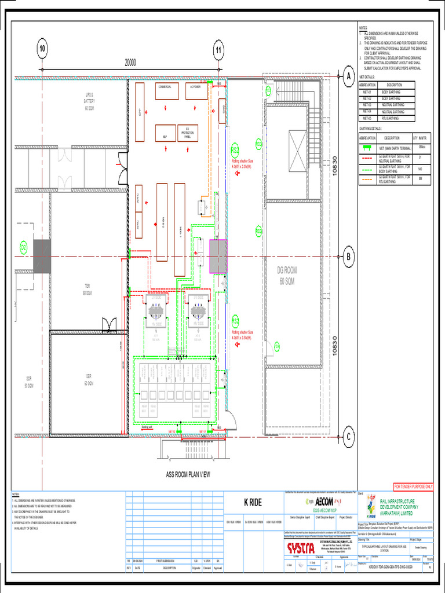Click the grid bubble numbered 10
(42, 49)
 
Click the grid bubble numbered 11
(218, 49)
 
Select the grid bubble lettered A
(349, 76)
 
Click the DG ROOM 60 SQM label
(286, 275)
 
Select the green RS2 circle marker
(235, 149)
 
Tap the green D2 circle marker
(24, 248)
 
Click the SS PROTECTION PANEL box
(187, 133)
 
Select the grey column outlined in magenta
(218, 257)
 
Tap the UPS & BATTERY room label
(89, 100)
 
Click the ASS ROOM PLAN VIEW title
(188, 474)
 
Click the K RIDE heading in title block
(253, 502)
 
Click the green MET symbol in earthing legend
(367, 148)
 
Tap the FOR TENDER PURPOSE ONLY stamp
(413, 486)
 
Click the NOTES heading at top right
(363, 27)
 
